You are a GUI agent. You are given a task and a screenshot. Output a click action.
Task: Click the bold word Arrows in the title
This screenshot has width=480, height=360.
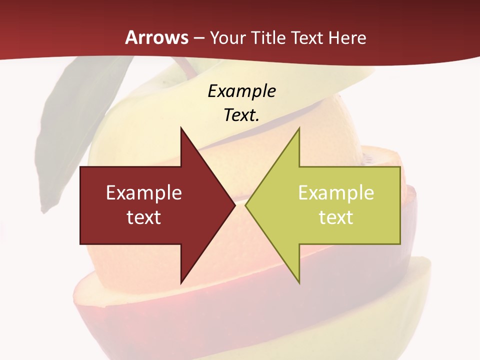click(x=157, y=37)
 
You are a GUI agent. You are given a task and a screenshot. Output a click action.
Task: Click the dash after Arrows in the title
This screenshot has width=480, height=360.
click(x=198, y=38)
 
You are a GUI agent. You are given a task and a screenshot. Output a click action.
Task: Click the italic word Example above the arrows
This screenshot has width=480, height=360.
click(x=241, y=91)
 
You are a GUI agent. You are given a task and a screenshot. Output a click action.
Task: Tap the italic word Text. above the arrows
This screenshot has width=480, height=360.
click(x=241, y=115)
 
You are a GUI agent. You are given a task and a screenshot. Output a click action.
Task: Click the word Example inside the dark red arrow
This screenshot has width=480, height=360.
click(x=144, y=192)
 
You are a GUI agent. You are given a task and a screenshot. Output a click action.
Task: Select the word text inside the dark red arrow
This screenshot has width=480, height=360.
click(x=144, y=217)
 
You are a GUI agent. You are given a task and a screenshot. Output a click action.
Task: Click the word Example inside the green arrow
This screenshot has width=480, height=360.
click(x=336, y=192)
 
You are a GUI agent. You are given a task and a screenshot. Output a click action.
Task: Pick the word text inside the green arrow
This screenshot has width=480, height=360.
click(x=336, y=217)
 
